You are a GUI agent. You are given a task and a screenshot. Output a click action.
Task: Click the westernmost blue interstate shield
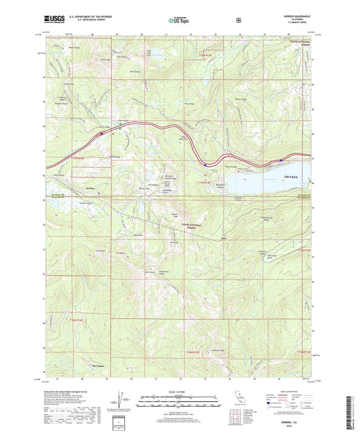(x=101, y=134)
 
